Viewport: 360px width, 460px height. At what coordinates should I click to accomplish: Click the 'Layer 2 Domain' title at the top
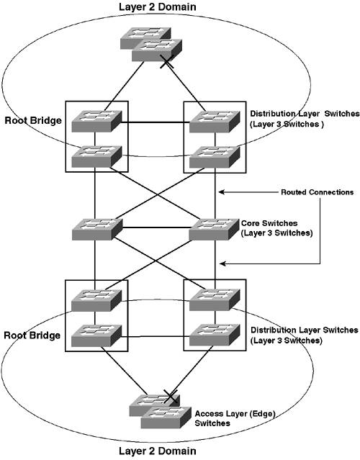point(157,6)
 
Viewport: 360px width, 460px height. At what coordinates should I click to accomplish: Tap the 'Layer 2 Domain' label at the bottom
point(157,451)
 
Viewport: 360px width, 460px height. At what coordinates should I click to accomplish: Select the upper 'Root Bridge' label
point(33,120)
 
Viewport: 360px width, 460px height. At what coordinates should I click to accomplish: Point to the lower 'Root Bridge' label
point(32,335)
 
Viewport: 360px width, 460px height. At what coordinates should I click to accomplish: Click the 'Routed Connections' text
point(318,192)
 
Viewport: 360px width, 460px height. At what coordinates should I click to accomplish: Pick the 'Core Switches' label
point(269,223)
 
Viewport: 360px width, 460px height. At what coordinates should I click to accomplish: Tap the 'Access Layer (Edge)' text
point(235,414)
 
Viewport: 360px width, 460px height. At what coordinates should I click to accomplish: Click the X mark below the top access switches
point(167,62)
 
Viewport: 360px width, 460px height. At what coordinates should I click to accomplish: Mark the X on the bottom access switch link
point(171,397)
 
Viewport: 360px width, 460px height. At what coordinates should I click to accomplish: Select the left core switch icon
point(96,230)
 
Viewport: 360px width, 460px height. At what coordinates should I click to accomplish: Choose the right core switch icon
point(214,230)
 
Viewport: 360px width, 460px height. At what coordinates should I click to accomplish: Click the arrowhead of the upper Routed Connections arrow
point(222,192)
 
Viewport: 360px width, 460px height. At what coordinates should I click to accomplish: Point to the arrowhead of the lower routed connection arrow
point(223,263)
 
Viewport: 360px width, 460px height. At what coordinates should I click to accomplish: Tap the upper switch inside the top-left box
point(96,121)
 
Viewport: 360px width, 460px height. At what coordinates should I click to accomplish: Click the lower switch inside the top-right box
point(215,157)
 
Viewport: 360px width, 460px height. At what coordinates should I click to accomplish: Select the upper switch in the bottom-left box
point(96,300)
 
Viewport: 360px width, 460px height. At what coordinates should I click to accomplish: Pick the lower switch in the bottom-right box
point(215,335)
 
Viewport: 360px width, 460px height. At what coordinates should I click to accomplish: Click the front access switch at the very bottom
point(166,418)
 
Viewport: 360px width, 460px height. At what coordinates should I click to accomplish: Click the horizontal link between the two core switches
point(156,227)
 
